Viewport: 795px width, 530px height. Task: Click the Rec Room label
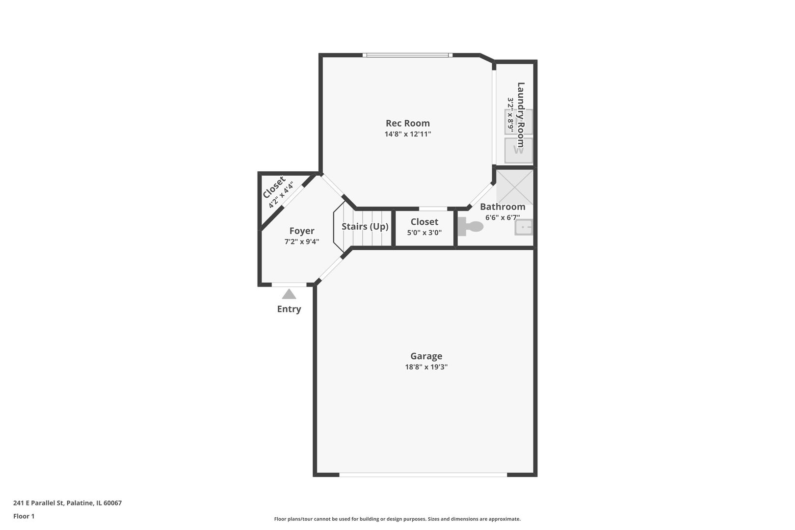407,123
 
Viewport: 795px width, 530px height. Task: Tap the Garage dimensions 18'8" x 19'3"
426,367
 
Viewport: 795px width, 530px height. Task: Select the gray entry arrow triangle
289,294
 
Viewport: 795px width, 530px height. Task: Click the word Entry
289,309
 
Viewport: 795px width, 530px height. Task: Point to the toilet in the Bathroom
472,227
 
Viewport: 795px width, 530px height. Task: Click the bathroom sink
523,227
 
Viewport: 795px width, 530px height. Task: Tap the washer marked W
518,150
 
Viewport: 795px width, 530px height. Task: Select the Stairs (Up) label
365,226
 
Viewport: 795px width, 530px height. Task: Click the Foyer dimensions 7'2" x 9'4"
302,241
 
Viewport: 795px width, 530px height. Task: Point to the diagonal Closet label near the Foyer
273,187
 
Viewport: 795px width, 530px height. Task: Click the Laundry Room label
521,114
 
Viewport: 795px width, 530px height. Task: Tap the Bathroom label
503,207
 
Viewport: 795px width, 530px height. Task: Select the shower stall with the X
514,186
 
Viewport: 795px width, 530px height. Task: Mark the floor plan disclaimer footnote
397,519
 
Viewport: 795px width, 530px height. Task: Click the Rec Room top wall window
407,55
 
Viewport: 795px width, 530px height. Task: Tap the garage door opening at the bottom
423,475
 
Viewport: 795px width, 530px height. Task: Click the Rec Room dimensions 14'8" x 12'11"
407,134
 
